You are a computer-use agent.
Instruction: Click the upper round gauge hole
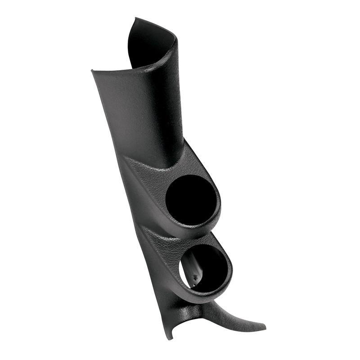(191, 198)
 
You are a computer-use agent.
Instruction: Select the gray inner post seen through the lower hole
(193, 265)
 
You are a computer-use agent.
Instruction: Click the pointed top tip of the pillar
(135, 19)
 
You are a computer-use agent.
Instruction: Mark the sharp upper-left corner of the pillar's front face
(92, 71)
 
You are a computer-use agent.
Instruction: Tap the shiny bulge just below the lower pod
(189, 310)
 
